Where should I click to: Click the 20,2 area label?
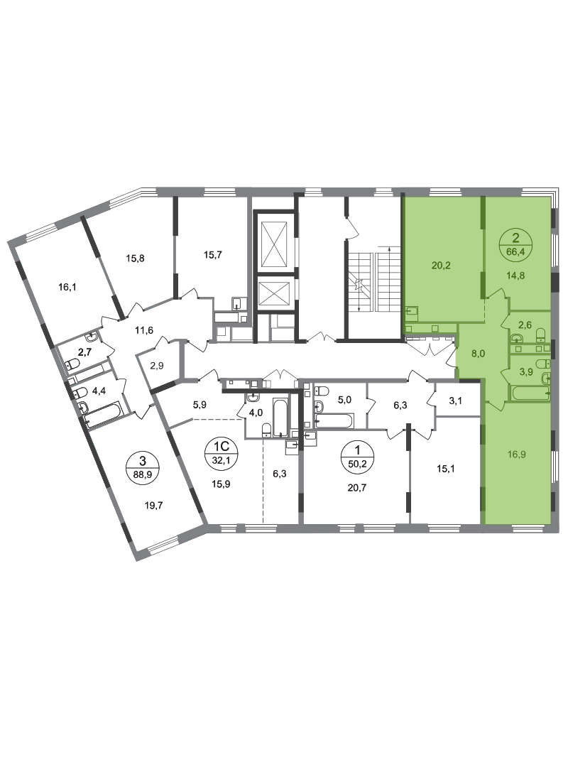(442, 267)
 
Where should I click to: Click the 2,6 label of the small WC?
(524, 326)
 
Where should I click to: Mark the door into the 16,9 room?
(497, 406)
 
